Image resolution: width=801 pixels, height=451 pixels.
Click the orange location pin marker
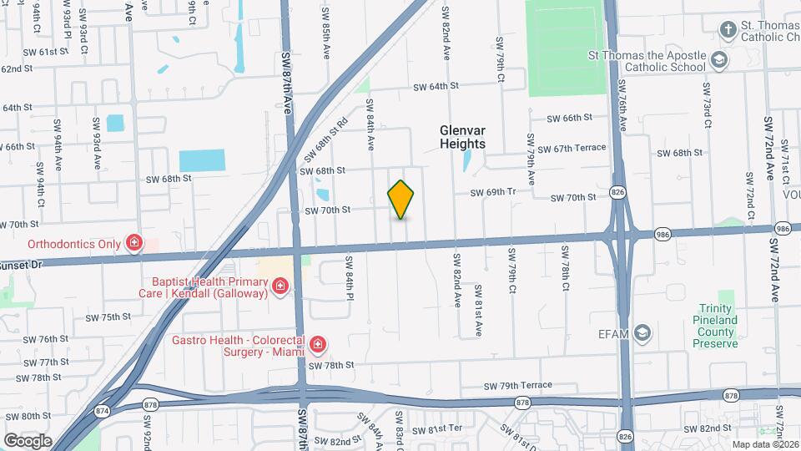click(x=400, y=199)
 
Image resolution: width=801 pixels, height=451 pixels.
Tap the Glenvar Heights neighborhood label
click(x=462, y=137)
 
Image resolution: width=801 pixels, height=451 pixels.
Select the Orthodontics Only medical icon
click(x=133, y=243)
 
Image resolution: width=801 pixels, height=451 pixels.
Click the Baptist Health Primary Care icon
click(x=280, y=288)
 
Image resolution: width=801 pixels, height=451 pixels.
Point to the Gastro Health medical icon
click(x=317, y=344)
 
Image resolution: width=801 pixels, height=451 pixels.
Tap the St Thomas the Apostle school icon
click(x=718, y=61)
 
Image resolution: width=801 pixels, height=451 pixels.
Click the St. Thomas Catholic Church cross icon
click(x=728, y=31)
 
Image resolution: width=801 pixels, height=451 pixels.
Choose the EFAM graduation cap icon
click(x=642, y=333)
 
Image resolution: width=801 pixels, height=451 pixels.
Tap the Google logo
click(x=28, y=440)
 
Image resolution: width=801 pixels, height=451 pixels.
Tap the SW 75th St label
click(x=108, y=317)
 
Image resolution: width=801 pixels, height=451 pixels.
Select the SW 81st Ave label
click(x=479, y=310)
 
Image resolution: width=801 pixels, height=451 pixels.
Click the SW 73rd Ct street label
click(x=706, y=104)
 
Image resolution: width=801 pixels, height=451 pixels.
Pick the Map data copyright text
click(x=764, y=443)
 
